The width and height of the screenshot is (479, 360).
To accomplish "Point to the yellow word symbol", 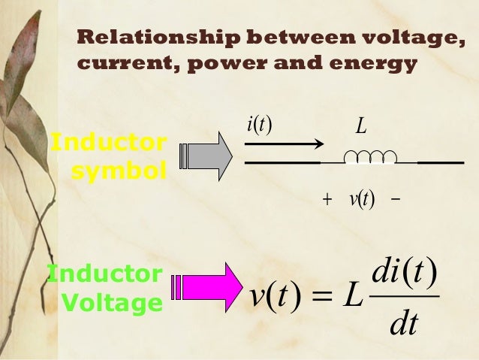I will pyautogui.click(x=119, y=172).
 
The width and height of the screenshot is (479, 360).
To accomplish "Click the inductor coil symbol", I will pyautogui.click(x=369, y=157).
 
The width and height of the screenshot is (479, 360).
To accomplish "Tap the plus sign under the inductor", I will pyautogui.click(x=327, y=201).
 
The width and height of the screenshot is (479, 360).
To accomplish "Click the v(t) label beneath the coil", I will pyautogui.click(x=361, y=200).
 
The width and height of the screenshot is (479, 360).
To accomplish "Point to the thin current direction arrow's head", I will pyautogui.click(x=318, y=144).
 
